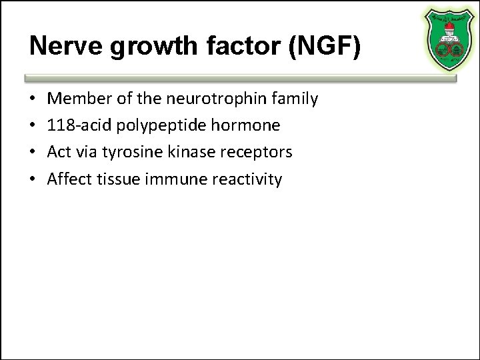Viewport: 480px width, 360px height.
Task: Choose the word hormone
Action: pos(252,125)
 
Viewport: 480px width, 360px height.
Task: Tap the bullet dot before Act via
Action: pos(33,153)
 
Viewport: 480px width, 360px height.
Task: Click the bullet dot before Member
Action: pos(33,99)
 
